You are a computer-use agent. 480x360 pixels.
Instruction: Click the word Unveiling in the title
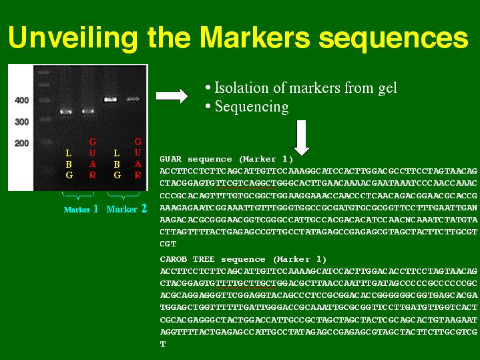point(73,37)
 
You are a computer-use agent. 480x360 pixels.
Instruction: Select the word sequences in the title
point(393,39)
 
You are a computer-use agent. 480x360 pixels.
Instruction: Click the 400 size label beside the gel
point(22,100)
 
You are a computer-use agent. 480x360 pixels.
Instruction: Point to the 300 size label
point(22,122)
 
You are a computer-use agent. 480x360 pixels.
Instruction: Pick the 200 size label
point(22,143)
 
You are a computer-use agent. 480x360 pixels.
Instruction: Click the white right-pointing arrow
point(172,96)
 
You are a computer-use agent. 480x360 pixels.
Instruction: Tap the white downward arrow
point(302,138)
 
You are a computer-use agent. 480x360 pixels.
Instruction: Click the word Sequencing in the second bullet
point(252,107)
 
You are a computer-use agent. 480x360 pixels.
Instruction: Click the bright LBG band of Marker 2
point(111,100)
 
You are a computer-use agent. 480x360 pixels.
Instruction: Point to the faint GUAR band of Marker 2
point(133,99)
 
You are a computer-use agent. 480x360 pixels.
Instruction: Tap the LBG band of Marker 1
point(65,112)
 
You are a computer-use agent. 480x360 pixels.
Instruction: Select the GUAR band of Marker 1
point(88,112)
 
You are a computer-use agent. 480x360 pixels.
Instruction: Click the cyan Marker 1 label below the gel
point(81,209)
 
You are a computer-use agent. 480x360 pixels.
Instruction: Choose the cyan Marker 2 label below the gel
point(127,209)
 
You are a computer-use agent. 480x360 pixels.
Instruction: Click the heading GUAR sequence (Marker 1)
point(226,160)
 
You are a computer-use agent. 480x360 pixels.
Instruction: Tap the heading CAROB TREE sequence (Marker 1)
point(243,260)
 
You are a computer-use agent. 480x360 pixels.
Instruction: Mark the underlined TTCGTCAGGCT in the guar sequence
point(246,183)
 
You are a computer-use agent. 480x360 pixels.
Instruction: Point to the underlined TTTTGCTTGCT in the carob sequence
point(246,283)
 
